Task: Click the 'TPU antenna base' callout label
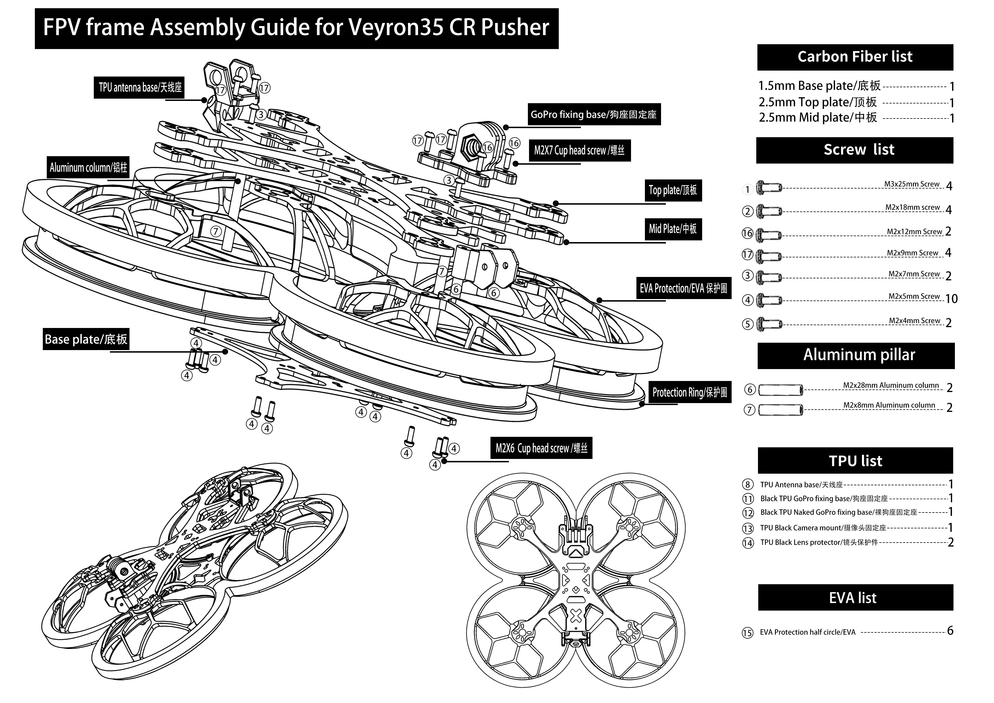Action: [x=139, y=88]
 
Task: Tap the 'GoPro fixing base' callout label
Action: [x=594, y=114]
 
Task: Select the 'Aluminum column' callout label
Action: [x=88, y=167]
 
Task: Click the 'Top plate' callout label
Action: [x=673, y=190]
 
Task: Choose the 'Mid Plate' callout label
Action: [x=673, y=229]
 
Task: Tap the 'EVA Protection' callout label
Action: [x=684, y=288]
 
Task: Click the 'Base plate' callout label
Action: [x=86, y=339]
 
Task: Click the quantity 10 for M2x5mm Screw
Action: [x=951, y=299]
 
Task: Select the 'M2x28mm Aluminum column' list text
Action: [x=891, y=385]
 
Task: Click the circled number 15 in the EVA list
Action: [x=748, y=633]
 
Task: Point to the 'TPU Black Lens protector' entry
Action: [x=818, y=542]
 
